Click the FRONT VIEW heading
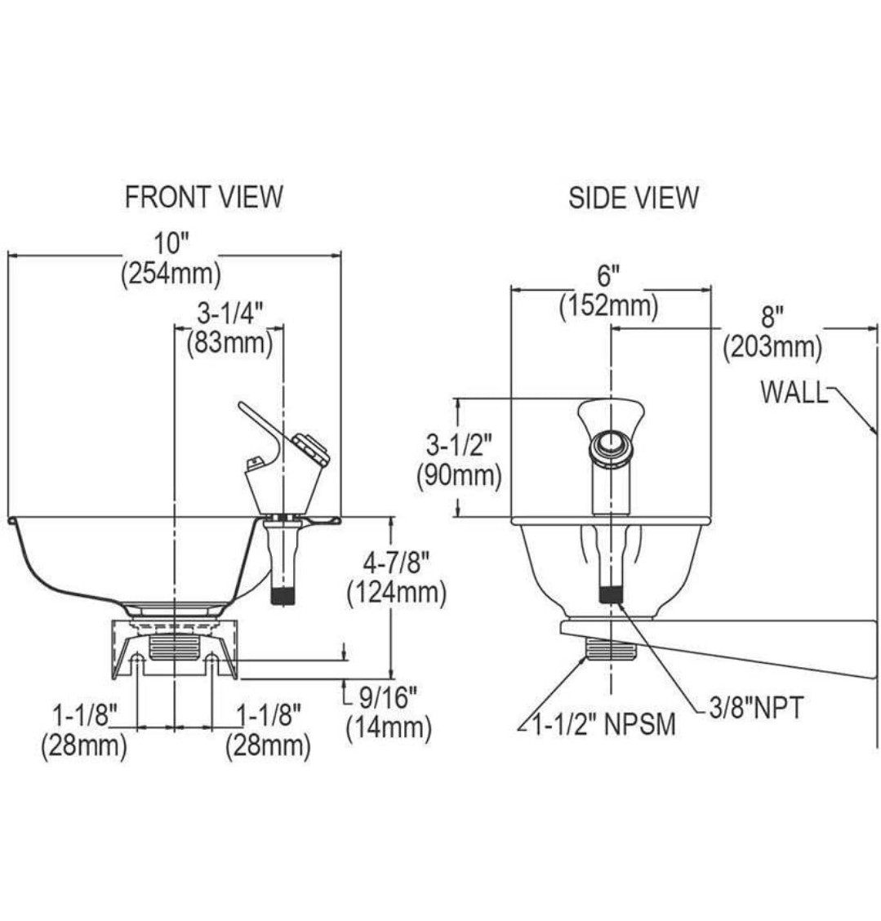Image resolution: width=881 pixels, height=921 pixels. [204, 197]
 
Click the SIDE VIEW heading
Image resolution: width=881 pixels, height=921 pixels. [633, 198]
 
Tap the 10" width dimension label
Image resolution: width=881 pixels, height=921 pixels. [171, 243]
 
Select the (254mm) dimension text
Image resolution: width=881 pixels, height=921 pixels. [171, 274]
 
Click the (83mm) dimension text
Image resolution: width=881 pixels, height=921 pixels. [229, 343]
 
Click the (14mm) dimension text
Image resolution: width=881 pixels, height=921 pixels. [389, 727]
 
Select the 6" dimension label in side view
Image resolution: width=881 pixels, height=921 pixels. [608, 275]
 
